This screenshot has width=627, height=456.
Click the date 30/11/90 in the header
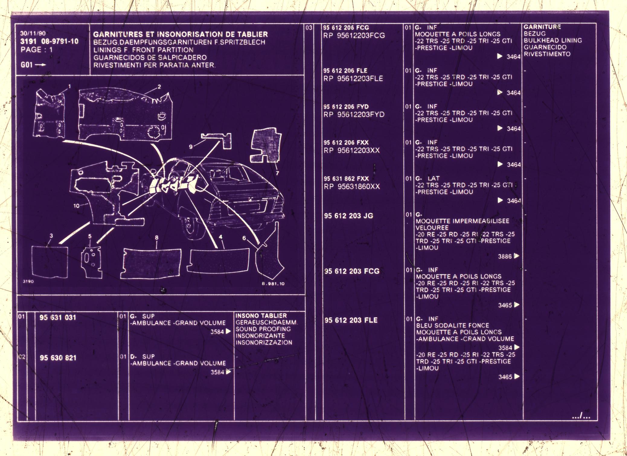pos(33,34)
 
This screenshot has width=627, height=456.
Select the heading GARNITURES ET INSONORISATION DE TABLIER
pos(180,34)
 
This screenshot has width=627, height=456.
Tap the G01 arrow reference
pos(33,65)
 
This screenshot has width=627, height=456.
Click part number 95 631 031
pos(58,317)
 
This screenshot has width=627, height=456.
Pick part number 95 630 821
pos(58,358)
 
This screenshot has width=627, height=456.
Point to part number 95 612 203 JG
pos(348,216)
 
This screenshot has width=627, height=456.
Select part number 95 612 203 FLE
pos(351,320)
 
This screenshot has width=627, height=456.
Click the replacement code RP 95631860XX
pos(352,187)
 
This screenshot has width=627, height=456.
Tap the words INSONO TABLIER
pos(261,316)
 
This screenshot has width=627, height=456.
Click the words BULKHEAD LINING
pos(552,40)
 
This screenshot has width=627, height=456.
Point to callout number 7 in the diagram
pos(277,173)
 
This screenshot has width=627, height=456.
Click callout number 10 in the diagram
pos(76,206)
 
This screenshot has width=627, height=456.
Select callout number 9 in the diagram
pos(190,147)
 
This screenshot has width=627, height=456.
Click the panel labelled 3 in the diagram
pos(50,262)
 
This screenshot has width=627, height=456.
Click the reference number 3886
pos(505,257)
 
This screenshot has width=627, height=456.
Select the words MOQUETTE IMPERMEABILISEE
pos(462,221)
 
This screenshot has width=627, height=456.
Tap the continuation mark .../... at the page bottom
pos(581,417)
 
